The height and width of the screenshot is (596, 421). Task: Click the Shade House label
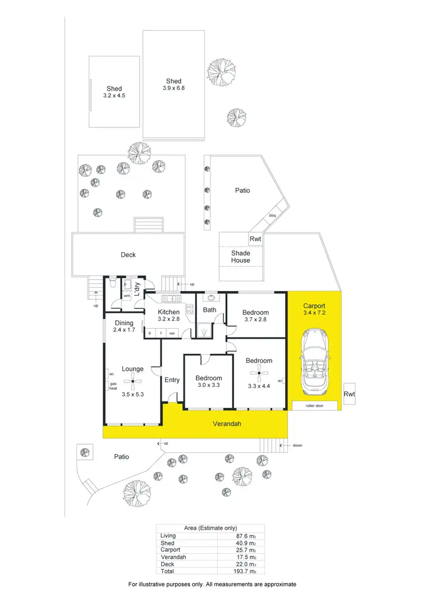coord(241,257)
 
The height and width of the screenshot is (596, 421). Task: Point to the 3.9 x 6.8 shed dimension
coord(173,89)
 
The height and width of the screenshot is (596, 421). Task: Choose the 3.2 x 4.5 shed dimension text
coord(115,96)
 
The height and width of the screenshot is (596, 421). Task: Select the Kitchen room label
coord(168,312)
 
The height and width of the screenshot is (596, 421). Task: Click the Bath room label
coord(209,310)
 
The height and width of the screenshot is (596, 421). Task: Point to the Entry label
coord(172,380)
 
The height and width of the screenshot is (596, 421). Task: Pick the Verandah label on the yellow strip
coord(227,424)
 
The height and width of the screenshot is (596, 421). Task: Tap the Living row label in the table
coord(168,535)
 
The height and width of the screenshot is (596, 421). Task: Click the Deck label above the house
coord(129,255)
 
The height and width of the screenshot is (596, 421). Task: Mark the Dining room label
coord(124,323)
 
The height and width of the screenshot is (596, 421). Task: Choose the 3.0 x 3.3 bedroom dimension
coord(209,386)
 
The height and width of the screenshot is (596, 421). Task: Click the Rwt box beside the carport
coord(349,394)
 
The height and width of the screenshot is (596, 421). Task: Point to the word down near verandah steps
coord(298,445)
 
